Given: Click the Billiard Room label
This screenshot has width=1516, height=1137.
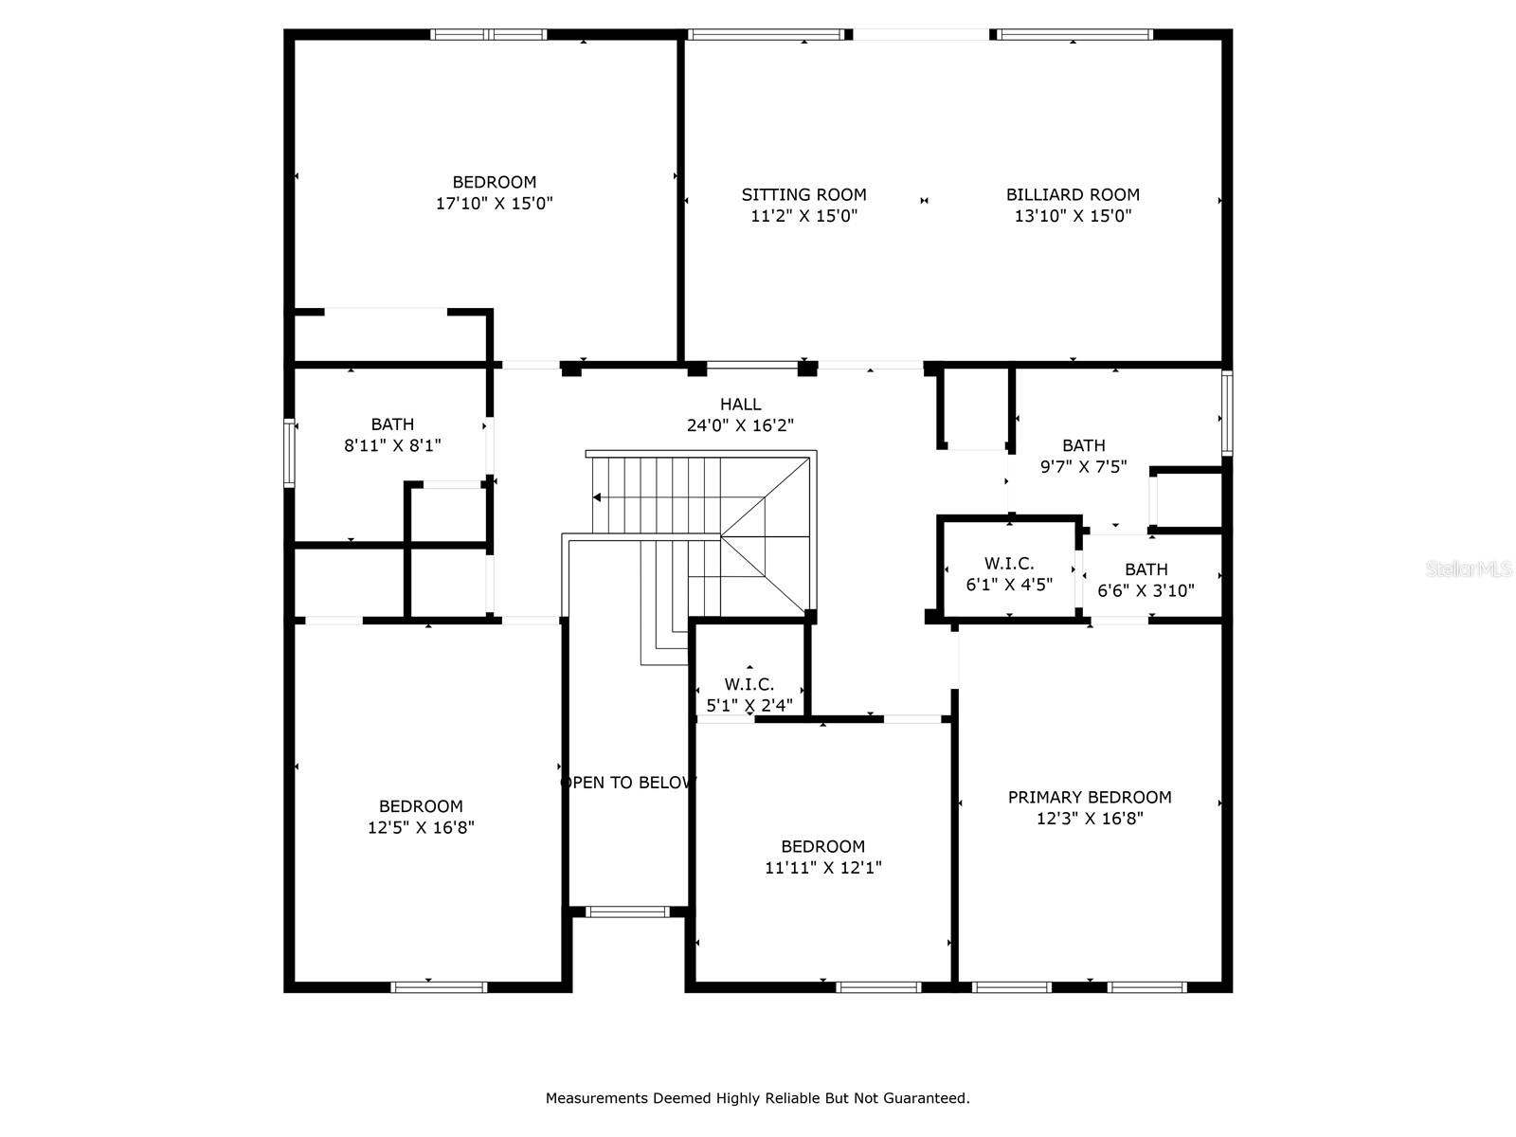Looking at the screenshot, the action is (x=1072, y=194).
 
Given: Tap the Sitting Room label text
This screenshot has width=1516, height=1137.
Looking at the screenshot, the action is (x=803, y=194).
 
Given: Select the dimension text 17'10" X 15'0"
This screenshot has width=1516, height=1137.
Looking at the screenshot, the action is (x=494, y=204).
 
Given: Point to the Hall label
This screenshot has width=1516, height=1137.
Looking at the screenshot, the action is (x=740, y=404).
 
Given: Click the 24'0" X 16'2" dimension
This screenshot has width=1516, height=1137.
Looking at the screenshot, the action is (x=740, y=425).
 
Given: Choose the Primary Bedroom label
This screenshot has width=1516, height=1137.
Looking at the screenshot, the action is (x=1090, y=798).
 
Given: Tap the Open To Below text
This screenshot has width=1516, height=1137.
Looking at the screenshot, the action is (x=628, y=783).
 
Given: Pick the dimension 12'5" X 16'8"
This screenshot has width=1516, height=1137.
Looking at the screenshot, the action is (x=421, y=827).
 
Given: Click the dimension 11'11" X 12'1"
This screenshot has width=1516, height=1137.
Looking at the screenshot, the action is (x=822, y=867).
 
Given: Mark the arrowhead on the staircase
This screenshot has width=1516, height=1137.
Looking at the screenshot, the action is (x=596, y=497).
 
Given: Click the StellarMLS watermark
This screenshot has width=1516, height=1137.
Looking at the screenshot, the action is (x=1469, y=569).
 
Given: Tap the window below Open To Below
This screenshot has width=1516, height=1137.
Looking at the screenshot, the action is (x=627, y=911).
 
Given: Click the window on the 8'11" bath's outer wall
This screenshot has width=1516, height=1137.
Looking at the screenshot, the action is (x=289, y=453).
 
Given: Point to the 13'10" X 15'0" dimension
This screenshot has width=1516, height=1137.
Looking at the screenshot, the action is (x=1073, y=216).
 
